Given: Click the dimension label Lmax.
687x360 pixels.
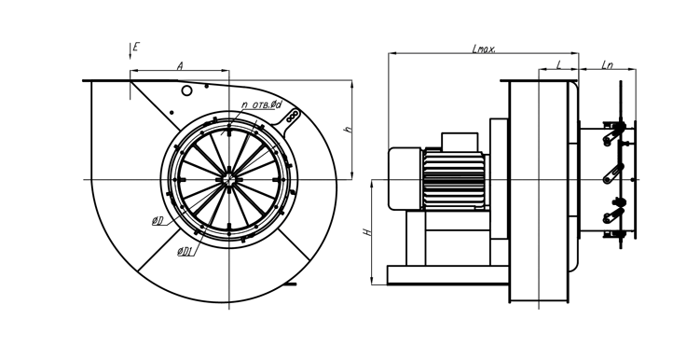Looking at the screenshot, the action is coord(484,48).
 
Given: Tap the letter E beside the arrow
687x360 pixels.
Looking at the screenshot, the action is coord(136,47).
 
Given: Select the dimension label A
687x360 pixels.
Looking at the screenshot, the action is coord(180,66).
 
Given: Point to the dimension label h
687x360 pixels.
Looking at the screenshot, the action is coord(349,130).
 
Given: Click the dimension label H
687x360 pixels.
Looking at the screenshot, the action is coord(368,231).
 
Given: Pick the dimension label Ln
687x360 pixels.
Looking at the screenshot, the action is coord(607,65).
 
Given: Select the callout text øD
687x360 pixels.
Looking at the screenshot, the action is coord(158,221).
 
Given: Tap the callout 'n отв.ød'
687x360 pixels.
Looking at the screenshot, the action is coord(262,104).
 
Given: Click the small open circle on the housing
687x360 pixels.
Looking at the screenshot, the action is coord(186,90).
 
